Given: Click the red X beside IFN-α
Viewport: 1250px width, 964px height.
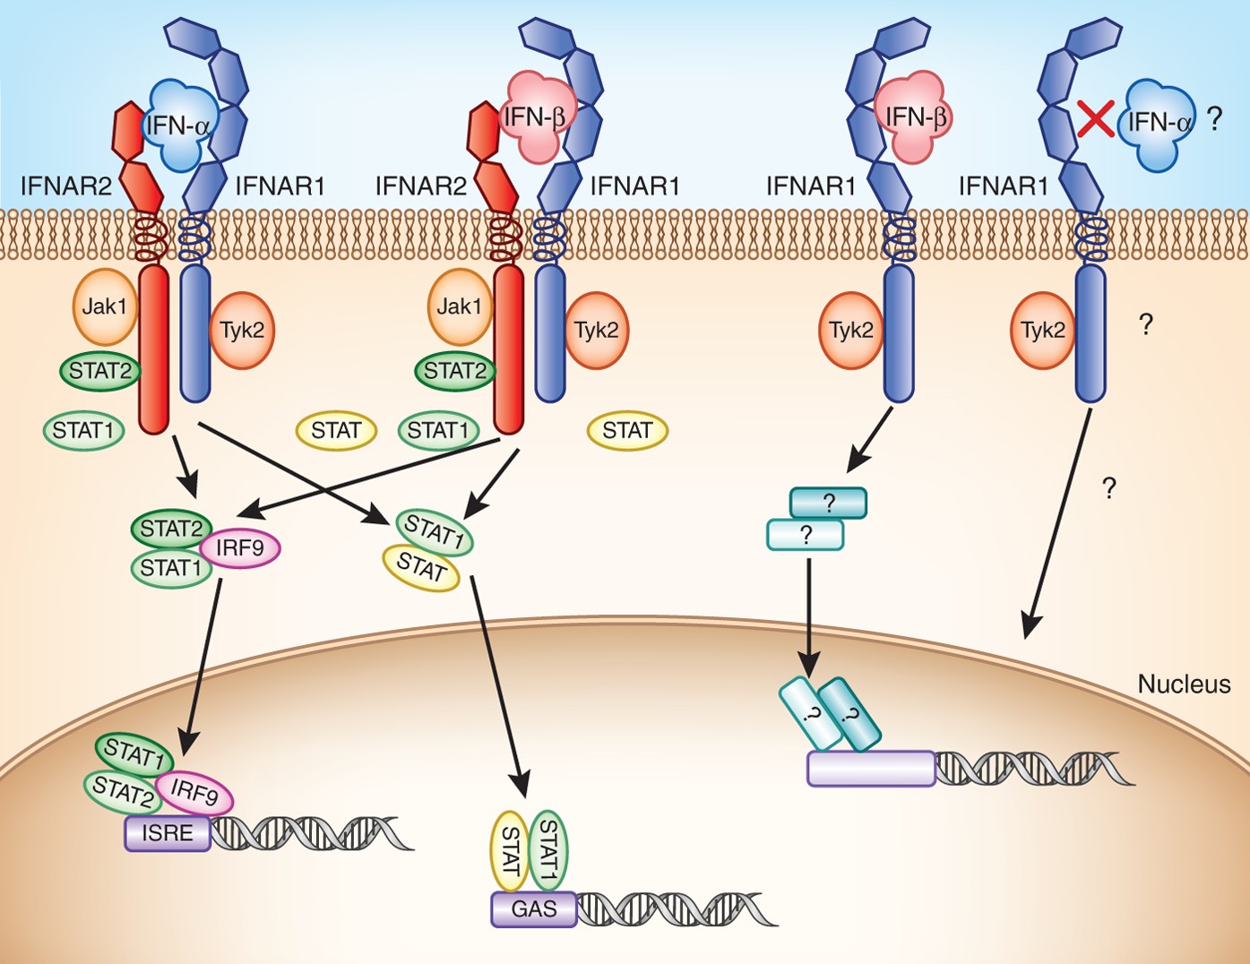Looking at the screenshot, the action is click(x=1096, y=118).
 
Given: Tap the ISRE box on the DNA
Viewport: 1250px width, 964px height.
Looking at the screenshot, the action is click(x=168, y=833).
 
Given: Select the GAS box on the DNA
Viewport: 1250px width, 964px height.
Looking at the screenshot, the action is click(x=534, y=909).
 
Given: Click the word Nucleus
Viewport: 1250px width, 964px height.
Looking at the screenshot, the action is click(x=1185, y=684).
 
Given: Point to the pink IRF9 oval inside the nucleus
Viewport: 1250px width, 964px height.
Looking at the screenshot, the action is click(x=194, y=793).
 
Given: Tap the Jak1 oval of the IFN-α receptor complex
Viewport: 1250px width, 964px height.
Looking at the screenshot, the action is click(x=105, y=306).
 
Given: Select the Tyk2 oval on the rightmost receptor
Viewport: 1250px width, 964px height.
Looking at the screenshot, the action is click(x=1043, y=331).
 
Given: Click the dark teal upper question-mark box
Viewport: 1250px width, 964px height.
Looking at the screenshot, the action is click(x=828, y=504).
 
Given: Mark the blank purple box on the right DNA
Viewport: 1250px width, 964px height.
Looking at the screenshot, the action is click(x=872, y=769).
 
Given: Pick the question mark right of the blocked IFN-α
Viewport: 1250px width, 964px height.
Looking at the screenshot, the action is click(x=1214, y=120).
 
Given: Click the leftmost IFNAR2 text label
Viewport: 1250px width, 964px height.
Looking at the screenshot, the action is click(x=66, y=186).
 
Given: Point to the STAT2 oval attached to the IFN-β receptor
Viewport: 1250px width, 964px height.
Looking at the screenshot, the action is click(x=455, y=371).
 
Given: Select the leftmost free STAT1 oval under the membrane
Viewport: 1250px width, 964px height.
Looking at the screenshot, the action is click(x=84, y=430).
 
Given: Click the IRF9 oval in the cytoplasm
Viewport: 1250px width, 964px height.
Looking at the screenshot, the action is click(x=240, y=548).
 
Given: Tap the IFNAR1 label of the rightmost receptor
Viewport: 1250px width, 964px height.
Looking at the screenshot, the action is click(x=1004, y=186).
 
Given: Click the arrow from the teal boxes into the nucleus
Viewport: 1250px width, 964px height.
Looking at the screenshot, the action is click(x=808, y=618).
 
